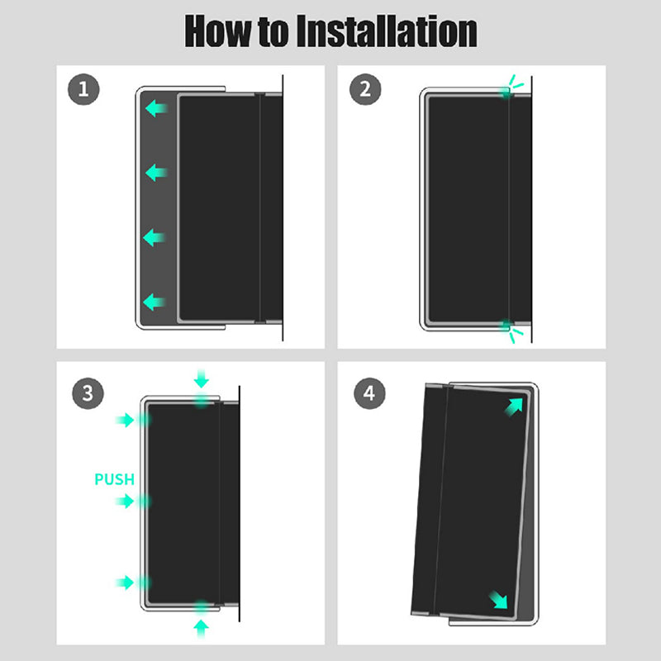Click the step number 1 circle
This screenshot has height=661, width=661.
point(83,89)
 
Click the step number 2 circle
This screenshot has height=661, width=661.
point(365,89)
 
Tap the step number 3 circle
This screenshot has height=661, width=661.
point(88,393)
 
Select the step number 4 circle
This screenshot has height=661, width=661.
point(369,393)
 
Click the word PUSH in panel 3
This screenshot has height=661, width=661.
point(114,479)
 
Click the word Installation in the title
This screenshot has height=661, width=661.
point(387,31)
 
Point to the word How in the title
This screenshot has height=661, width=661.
point(217,31)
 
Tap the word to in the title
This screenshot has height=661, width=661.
point(274,32)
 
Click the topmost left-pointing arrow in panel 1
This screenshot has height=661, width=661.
point(156,108)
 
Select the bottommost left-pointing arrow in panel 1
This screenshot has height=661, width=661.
point(154,302)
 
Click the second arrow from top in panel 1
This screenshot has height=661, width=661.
point(156,173)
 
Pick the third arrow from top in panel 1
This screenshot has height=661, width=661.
point(154,238)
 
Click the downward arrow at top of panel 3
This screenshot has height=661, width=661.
point(202,378)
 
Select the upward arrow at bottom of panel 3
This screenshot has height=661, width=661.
point(202,629)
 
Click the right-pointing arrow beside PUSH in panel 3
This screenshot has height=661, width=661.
point(126,502)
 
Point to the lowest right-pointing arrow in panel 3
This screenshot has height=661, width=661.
point(126,583)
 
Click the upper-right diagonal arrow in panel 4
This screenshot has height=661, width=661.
point(514,407)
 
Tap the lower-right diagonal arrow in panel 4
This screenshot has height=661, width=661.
point(498,600)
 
